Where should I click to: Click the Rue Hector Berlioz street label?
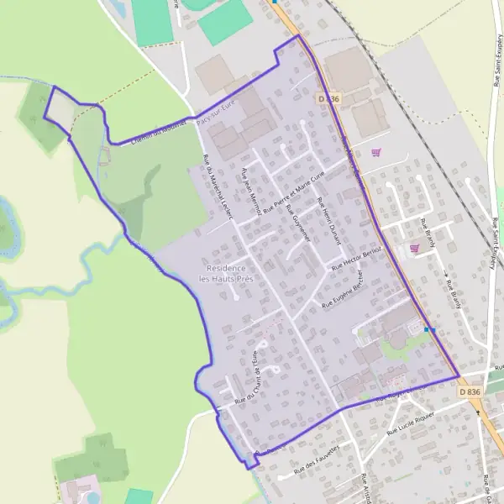358,258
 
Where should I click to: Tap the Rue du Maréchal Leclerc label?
217,188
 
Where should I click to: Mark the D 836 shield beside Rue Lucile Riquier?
470,391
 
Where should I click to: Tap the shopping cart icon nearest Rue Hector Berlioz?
414,249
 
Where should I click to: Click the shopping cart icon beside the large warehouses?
375,152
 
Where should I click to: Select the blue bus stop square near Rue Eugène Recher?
427,329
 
